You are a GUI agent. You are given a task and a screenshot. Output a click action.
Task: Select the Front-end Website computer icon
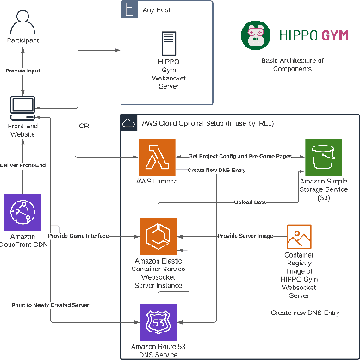[22, 106]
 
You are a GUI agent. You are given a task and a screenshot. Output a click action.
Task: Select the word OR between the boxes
[84, 126]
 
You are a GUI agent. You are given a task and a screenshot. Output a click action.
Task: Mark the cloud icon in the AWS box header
[127, 122]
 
